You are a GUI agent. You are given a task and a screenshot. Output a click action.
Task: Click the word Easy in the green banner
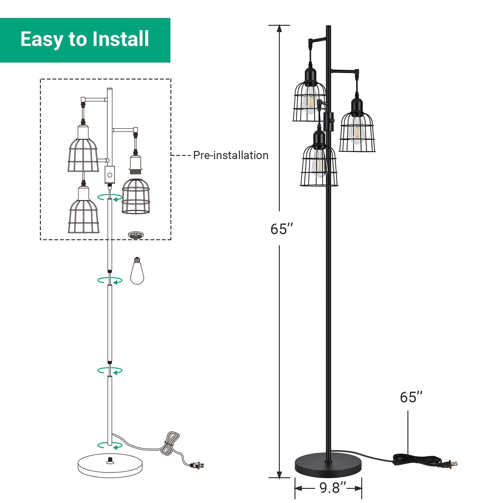[41, 40]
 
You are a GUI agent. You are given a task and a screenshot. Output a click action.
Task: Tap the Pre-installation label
[231, 155]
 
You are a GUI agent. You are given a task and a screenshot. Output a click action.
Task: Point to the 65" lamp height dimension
[282, 229]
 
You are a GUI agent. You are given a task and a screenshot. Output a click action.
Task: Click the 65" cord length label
[411, 397]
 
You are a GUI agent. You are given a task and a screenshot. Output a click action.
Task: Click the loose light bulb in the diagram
[137, 271]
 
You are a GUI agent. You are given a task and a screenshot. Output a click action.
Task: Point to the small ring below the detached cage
[136, 235]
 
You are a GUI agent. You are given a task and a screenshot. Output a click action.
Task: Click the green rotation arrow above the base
[110, 445]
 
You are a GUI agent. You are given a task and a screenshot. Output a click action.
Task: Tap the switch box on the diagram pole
[110, 175]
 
